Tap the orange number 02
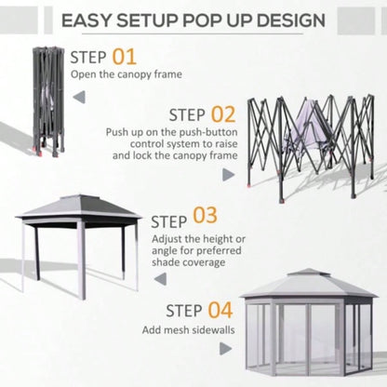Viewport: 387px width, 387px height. pos(222,114)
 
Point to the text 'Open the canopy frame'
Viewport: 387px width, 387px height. pos(126,74)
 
